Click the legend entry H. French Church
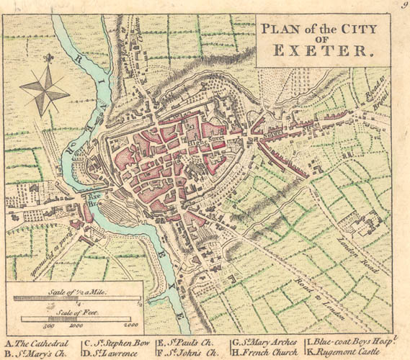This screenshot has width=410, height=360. (x=264, y=353)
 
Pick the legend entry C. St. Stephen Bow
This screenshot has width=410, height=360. (x=117, y=343)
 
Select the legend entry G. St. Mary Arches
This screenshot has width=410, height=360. (x=265, y=343)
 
